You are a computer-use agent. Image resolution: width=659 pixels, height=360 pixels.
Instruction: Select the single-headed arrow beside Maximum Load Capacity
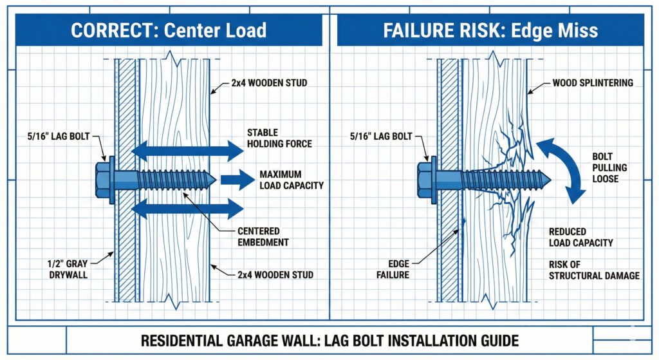237,180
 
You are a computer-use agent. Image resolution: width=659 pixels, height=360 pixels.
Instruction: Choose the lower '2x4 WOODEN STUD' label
272,275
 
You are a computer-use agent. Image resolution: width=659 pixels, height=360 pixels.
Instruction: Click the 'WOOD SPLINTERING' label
592,83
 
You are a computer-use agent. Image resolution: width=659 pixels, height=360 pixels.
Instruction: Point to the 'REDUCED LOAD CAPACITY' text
580,237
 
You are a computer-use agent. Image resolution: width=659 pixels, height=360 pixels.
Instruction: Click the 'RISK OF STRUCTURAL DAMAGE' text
593,270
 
